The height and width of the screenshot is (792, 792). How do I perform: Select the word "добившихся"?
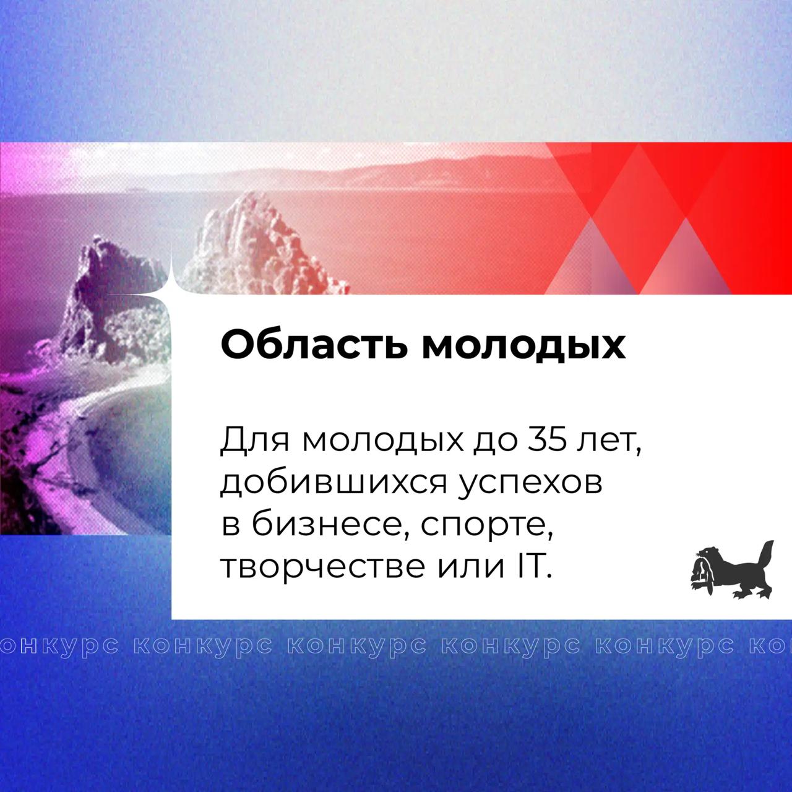point(334,484)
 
